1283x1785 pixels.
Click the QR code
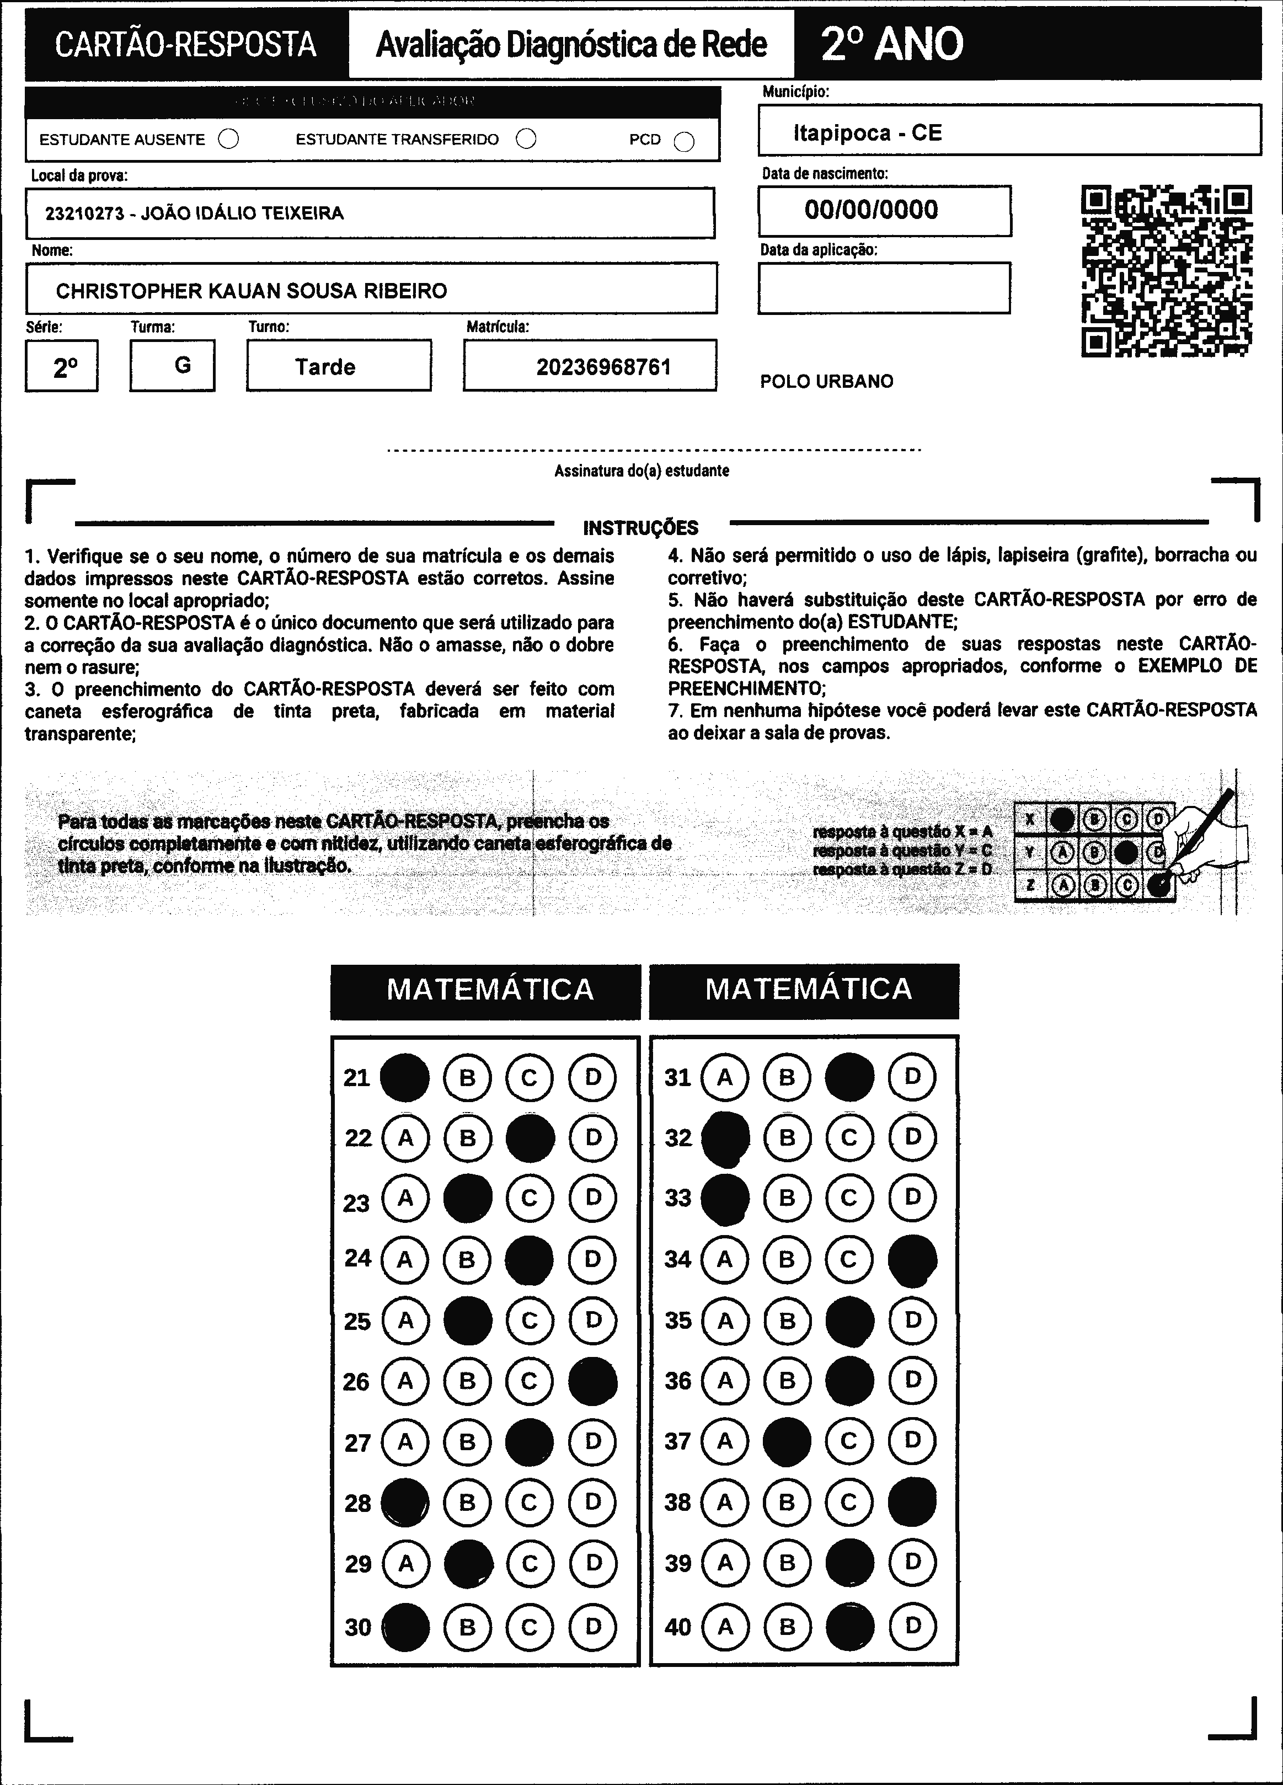(x=1167, y=271)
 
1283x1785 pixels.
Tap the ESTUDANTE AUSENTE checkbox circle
(x=228, y=140)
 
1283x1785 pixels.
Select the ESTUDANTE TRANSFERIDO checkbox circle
(x=526, y=140)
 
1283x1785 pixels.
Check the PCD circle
(x=685, y=141)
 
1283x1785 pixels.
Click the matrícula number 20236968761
(x=604, y=367)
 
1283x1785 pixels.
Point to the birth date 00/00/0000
(x=872, y=210)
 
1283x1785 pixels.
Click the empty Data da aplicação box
(x=884, y=288)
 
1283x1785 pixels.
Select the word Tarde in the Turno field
(x=325, y=367)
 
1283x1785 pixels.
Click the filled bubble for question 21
(x=404, y=1077)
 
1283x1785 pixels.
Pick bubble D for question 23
(x=593, y=1198)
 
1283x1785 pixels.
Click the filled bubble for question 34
(x=912, y=1259)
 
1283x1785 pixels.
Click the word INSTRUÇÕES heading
(x=641, y=528)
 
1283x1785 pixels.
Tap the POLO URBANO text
(x=826, y=382)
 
